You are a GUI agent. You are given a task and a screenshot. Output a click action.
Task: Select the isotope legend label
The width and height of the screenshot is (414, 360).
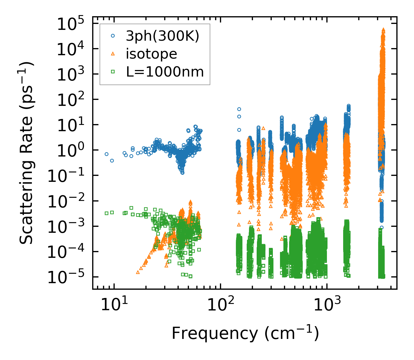point(151,54)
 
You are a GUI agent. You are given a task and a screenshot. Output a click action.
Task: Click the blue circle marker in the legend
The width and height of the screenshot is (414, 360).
point(113,36)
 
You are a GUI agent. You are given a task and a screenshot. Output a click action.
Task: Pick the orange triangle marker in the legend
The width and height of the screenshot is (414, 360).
point(113,54)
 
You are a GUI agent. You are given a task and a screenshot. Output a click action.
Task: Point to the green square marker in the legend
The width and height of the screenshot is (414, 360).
point(113,72)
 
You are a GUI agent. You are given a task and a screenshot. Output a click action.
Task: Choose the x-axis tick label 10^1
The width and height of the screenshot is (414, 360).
point(114,305)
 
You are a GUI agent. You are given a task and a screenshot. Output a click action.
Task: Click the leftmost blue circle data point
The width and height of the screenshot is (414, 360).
point(106,154)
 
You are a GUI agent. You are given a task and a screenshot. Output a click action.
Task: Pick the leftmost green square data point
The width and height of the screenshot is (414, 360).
point(106,213)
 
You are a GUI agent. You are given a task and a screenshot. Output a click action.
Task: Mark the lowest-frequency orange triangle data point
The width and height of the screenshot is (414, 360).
point(138,272)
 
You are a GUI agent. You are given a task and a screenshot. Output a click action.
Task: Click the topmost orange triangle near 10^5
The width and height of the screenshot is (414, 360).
point(383,30)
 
